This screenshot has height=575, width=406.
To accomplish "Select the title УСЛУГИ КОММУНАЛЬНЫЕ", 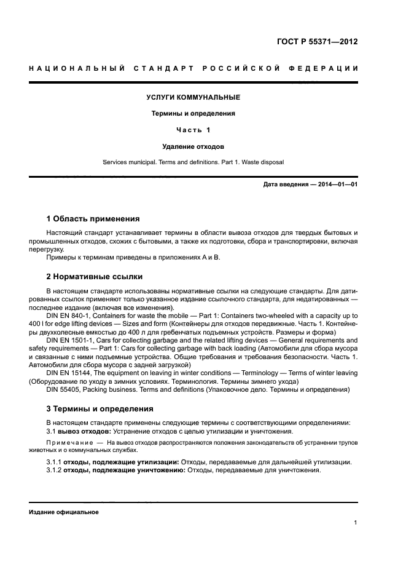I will (193, 97).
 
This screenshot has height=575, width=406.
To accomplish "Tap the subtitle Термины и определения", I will (193, 113).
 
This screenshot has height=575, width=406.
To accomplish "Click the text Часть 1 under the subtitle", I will (193, 130).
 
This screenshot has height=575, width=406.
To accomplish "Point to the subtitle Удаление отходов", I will (193, 146).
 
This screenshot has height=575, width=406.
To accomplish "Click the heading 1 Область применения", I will (93, 218).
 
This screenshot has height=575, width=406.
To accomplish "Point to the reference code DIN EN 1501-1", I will (70, 340).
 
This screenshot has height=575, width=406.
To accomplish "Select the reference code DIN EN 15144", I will (68, 373).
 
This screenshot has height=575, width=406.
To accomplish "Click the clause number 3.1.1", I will (54, 462).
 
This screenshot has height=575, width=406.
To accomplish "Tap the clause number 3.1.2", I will (54, 470).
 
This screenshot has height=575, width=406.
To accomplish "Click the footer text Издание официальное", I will (64, 512).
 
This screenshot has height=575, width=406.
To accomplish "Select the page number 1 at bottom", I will (356, 523).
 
